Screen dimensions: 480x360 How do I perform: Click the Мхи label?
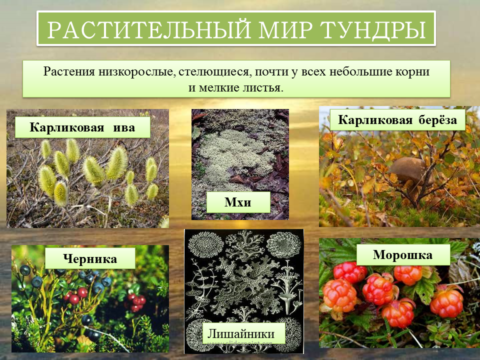tap(238, 202)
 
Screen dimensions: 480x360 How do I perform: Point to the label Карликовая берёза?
tap(397, 120)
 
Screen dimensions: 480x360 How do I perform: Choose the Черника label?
tap(90, 258)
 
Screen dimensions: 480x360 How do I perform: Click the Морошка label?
tap(403, 254)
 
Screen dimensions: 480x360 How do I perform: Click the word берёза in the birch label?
tap(438, 120)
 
